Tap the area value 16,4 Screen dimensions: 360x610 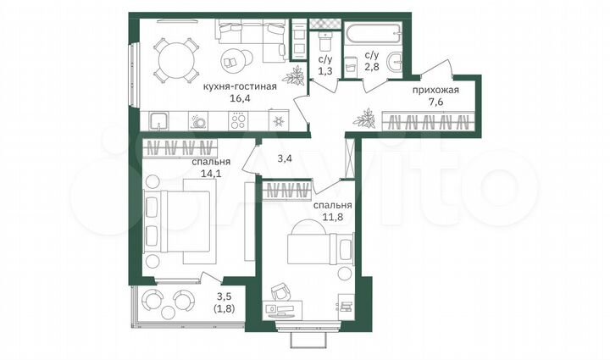240,97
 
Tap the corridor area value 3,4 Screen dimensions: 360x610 285,157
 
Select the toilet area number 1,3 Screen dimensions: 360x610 324,72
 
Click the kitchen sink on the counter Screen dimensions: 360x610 200,121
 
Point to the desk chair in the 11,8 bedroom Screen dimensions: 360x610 282,291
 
